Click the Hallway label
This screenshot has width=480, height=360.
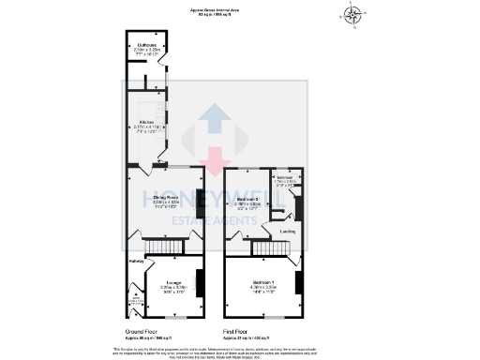(136, 261)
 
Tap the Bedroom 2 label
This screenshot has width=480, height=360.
(247, 199)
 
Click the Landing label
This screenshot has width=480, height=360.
(288, 231)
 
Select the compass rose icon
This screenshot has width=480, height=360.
(352, 14)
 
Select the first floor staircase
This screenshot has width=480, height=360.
(261, 246)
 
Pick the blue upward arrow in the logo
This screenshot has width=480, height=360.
(215, 123)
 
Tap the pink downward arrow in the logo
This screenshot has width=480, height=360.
(215, 159)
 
